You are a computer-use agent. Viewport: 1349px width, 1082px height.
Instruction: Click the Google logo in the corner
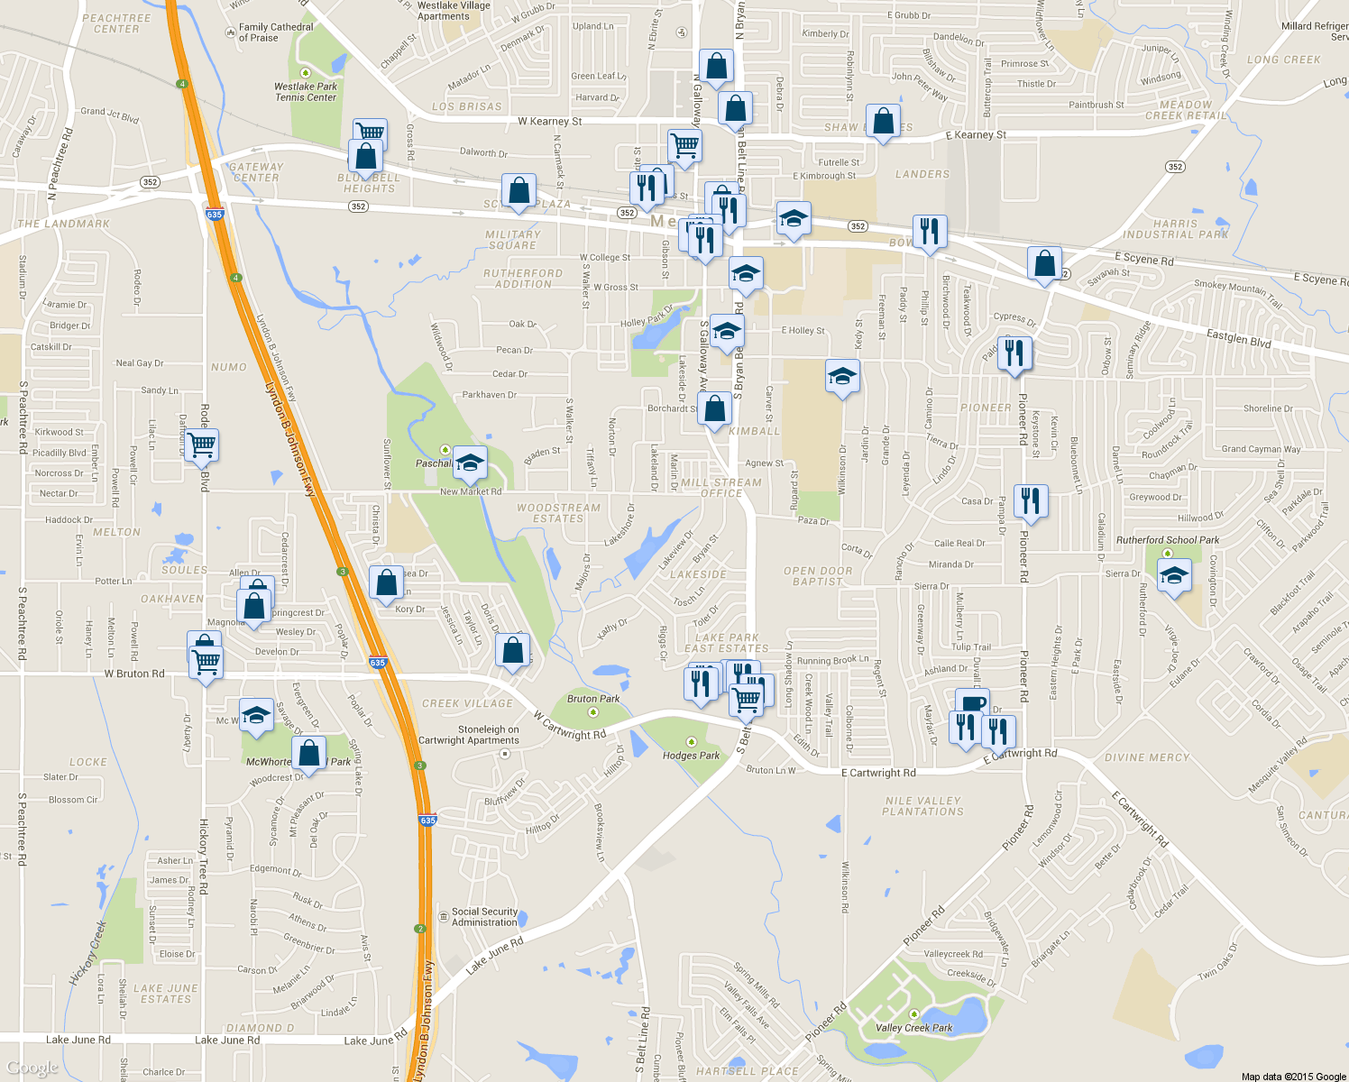(32, 1068)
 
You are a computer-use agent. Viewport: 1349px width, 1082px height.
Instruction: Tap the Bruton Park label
(593, 699)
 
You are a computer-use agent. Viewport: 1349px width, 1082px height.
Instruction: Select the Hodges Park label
(691, 756)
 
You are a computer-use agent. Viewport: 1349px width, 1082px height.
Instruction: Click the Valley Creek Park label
(913, 1028)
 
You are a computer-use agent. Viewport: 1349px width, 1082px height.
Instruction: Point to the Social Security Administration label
(484, 917)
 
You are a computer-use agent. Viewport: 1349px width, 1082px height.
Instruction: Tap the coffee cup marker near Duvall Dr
(972, 703)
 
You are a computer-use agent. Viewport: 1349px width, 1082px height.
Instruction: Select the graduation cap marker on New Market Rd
(469, 463)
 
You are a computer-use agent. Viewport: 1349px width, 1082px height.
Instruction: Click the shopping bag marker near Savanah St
(1044, 263)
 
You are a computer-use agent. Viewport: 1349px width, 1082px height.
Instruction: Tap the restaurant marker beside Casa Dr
(1031, 500)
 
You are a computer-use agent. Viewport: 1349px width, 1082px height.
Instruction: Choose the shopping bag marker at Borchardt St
(714, 408)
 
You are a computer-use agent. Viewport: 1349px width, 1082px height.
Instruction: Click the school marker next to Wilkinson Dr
(842, 376)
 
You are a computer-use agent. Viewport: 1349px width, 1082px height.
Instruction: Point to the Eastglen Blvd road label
(1238, 338)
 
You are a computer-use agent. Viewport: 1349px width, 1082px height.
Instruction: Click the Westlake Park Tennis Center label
(306, 92)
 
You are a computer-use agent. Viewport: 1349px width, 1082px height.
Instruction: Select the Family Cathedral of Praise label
(275, 32)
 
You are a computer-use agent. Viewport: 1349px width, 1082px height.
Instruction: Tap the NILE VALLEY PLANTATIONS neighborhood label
(922, 806)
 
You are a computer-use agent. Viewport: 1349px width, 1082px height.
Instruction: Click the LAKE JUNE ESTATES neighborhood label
(166, 994)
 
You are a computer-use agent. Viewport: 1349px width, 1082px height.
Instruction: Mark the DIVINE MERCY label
(1147, 758)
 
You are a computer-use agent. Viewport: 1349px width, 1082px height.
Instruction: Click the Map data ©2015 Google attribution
(1293, 1077)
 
